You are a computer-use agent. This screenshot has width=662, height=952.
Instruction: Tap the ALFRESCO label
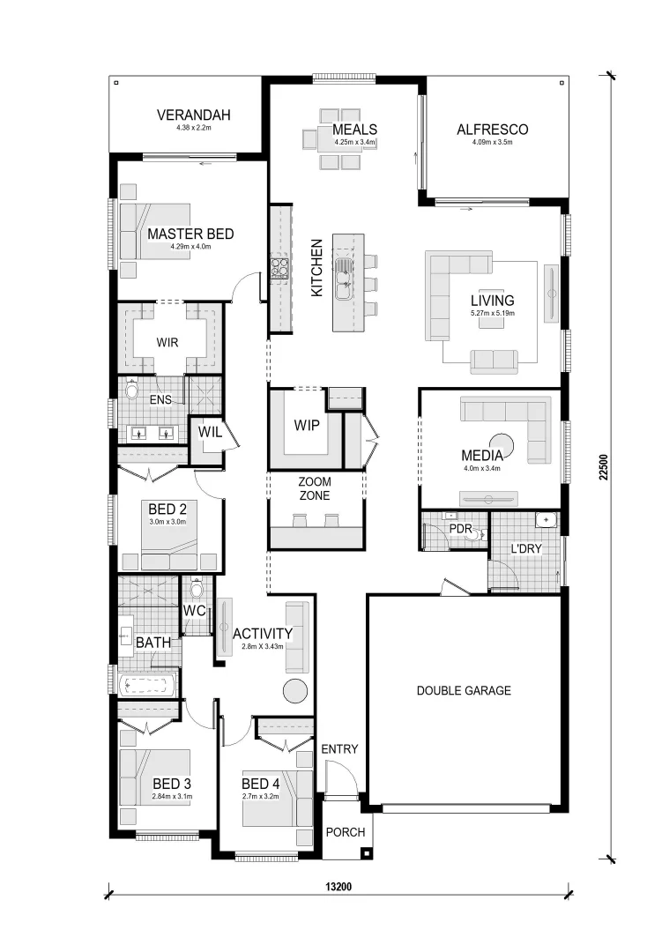[x=492, y=130]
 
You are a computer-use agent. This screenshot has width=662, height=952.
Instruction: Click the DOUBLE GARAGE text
[x=464, y=690]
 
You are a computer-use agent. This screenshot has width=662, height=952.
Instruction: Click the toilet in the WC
[x=197, y=588]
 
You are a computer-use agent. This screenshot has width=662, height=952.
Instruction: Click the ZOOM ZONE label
[x=314, y=489]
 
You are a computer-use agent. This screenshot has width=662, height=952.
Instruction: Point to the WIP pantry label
[x=306, y=427]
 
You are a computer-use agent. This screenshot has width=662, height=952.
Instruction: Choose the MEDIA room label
[x=482, y=456]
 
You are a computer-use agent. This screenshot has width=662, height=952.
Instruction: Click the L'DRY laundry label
[x=525, y=548]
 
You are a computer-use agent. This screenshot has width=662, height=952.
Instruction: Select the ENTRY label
[x=339, y=749]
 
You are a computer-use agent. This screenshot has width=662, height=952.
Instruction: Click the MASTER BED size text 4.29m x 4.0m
[x=190, y=248]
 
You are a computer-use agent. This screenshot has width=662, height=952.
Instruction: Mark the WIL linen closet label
[x=209, y=432]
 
